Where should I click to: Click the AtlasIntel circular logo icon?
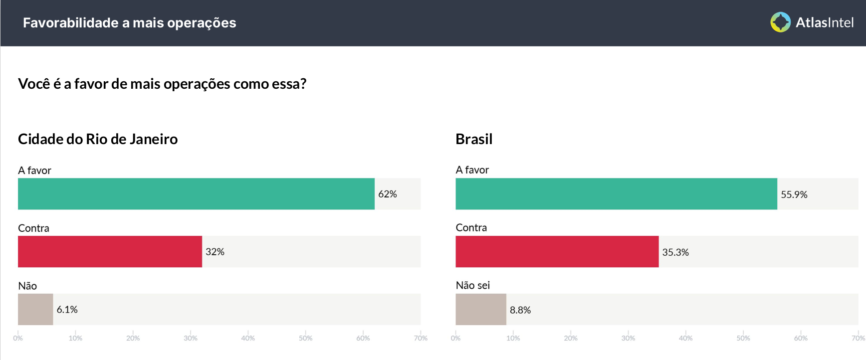pos(780,22)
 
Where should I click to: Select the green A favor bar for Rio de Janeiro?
pos(196,194)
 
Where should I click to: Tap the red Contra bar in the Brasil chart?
pos(557,252)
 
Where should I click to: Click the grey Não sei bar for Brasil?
pos(481,310)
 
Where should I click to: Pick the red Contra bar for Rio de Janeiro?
pos(110,252)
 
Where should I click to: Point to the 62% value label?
pos(388,194)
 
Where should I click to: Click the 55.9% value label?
pos(794,194)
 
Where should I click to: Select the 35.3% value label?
pos(675,252)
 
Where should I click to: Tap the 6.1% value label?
pos(67,310)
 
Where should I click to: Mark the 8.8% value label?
pos(520,310)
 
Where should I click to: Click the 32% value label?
pos(215,252)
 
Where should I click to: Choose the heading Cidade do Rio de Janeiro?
pos(98,139)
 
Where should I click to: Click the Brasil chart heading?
pos(474,139)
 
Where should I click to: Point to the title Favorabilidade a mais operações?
pos(130,23)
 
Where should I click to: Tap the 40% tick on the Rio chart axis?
pos(248,338)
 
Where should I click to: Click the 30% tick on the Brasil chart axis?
pos(628,338)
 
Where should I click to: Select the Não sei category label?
pos(473,285)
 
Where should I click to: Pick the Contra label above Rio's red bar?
pos(33,228)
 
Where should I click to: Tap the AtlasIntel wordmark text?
pos(824,22)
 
